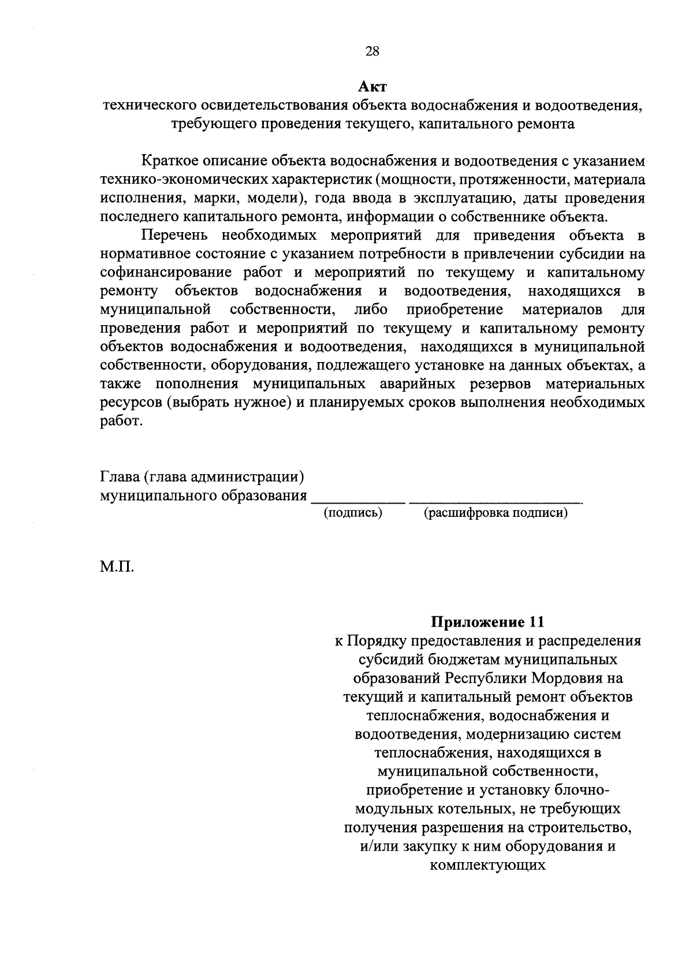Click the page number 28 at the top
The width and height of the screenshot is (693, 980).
(372, 51)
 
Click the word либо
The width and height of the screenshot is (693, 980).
(371, 310)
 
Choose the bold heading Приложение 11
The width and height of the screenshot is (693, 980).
(488, 622)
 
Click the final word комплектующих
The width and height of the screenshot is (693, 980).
(488, 865)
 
